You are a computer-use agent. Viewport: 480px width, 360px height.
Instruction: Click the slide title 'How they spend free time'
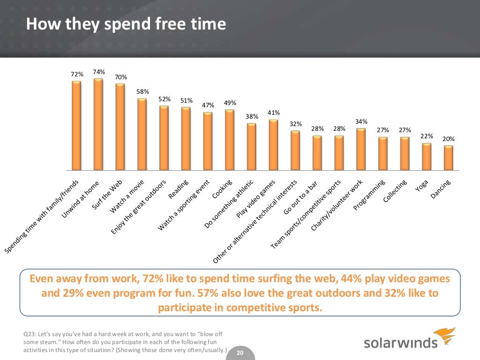click(126, 24)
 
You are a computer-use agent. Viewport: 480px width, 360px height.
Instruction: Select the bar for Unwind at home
click(98, 124)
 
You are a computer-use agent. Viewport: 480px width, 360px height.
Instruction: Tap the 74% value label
click(98, 72)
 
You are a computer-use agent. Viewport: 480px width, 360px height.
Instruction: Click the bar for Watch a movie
click(142, 134)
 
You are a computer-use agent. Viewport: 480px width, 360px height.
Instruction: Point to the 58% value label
click(142, 91)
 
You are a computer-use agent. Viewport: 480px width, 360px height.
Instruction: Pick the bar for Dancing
click(449, 157)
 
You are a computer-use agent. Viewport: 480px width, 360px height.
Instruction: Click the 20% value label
click(449, 139)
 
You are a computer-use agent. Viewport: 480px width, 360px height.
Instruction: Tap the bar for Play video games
click(274, 144)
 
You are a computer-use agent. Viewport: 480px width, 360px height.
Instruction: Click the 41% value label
click(274, 113)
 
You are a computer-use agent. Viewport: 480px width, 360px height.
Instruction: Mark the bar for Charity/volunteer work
click(361, 149)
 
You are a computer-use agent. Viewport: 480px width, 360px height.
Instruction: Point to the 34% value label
click(361, 121)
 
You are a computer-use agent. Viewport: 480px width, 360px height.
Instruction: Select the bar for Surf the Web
click(120, 127)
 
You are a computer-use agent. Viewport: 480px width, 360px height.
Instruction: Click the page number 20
click(240, 353)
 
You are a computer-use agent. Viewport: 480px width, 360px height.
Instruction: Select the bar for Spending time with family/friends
click(76, 125)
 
